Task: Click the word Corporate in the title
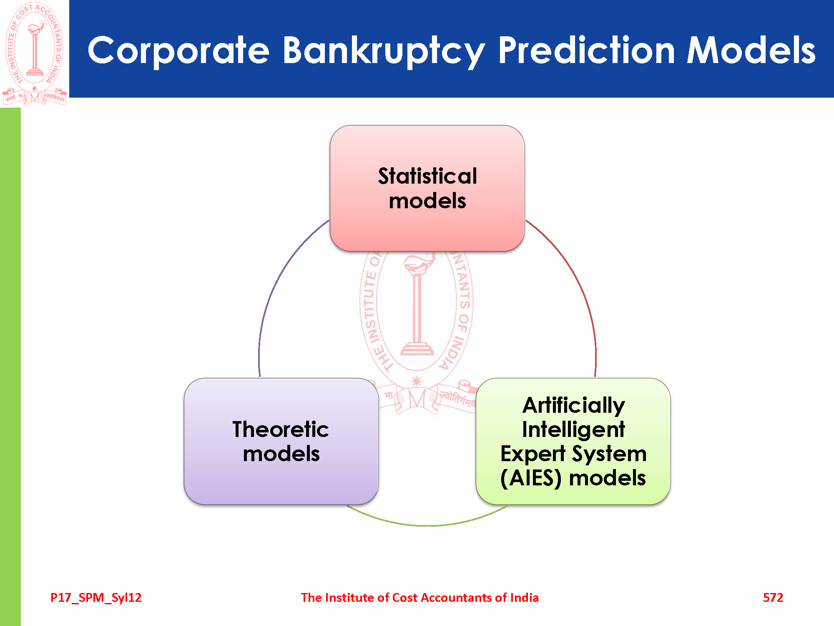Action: (178, 51)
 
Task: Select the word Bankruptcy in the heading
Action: (384, 51)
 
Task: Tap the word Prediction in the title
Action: (586, 50)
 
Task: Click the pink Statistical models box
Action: (427, 188)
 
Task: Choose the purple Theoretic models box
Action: (281, 441)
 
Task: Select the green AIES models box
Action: (573, 441)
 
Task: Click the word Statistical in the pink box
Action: (427, 176)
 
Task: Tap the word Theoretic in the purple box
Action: (281, 429)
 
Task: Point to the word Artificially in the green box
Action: (573, 406)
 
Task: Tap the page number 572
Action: (773, 598)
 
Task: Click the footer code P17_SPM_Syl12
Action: (96, 598)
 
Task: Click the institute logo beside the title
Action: (35, 53)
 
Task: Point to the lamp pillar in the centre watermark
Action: (417, 309)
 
